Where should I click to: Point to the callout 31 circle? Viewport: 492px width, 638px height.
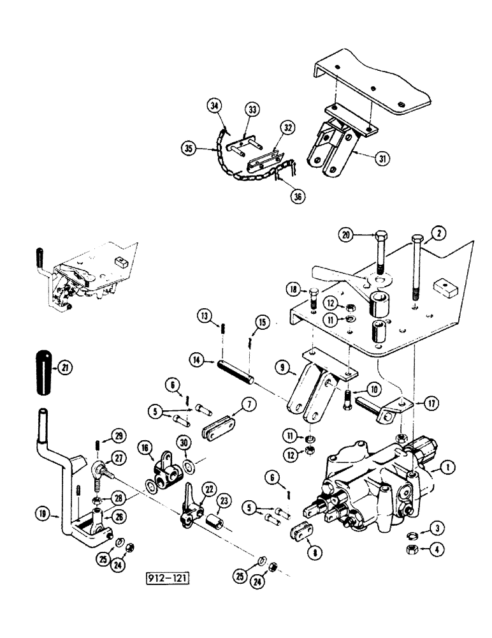point(382,158)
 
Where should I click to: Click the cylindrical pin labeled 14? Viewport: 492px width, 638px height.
point(236,373)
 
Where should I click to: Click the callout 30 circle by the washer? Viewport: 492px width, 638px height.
point(185,443)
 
